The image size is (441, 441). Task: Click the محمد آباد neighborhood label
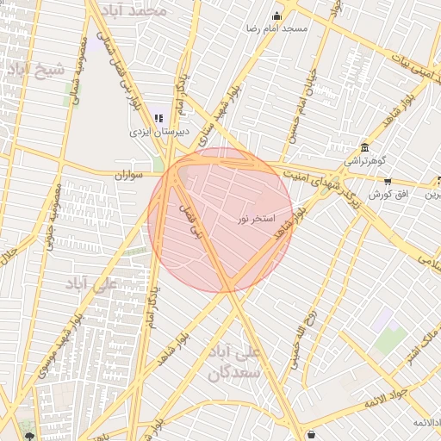tap(145, 10)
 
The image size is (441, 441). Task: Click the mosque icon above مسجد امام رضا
tap(276, 16)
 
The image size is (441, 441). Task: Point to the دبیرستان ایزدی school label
tap(158, 132)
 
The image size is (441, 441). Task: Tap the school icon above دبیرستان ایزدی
tap(158, 118)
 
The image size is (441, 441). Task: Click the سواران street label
tap(133, 175)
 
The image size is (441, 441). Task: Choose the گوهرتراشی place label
tap(365, 160)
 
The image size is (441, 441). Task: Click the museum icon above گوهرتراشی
tap(365, 147)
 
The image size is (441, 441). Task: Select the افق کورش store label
tap(387, 195)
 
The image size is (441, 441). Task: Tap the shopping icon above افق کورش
tap(388, 182)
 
